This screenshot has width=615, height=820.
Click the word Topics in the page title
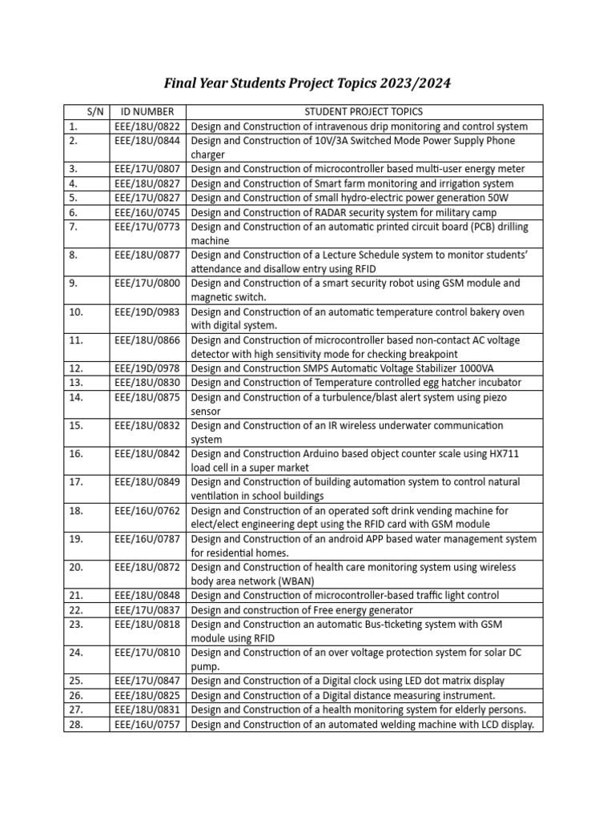[x=346, y=83]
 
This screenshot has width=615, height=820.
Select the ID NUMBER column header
[x=147, y=112]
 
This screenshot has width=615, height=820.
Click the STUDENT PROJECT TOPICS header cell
[x=364, y=112]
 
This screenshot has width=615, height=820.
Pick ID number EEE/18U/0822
[x=147, y=127]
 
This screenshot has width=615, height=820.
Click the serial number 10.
[x=76, y=312]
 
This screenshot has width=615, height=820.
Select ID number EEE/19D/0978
[x=147, y=368]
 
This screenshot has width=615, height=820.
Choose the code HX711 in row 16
[x=503, y=453]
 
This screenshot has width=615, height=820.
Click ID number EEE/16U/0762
[x=147, y=510]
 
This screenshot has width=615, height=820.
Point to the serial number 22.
[x=76, y=609]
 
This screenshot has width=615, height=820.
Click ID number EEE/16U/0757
[x=147, y=725]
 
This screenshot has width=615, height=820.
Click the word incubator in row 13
[x=496, y=383]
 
